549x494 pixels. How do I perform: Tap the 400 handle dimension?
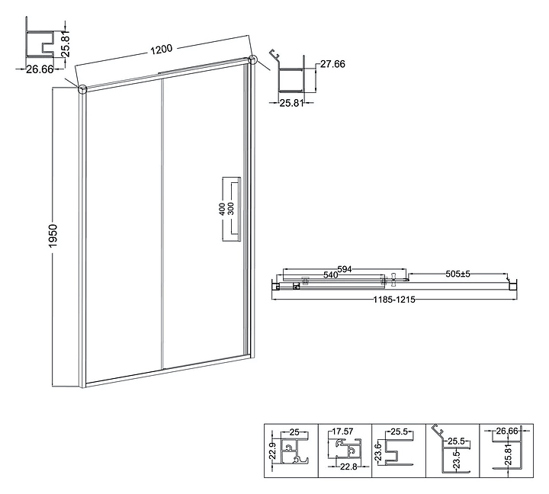pos(222,208)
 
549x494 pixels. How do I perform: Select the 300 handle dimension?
pos(231,208)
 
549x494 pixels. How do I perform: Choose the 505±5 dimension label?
pos(462,274)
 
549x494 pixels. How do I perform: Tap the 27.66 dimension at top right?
pos(332,65)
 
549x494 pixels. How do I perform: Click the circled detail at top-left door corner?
pos(82,88)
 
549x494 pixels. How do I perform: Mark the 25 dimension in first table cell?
pos(293,431)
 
